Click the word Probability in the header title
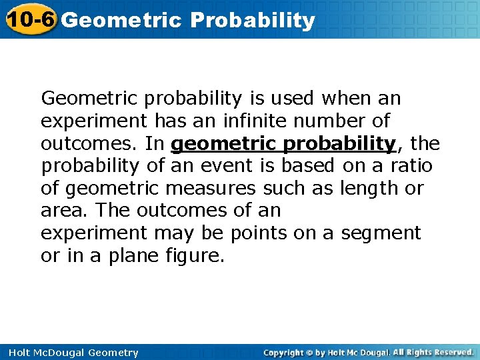click(x=252, y=21)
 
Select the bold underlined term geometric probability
click(x=283, y=143)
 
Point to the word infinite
click(x=255, y=121)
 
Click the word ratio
click(x=411, y=165)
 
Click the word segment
click(x=381, y=233)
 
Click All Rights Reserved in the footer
click(x=433, y=352)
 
